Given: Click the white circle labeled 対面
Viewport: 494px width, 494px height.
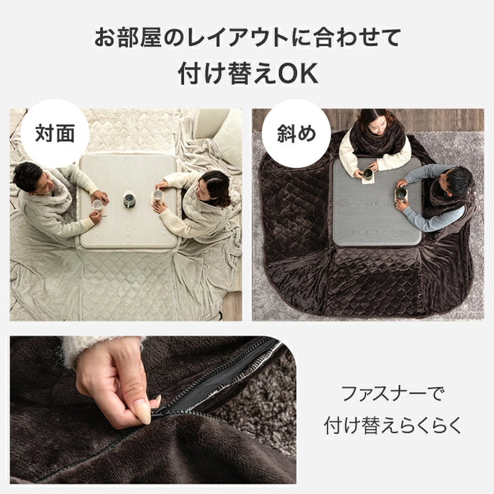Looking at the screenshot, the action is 54,133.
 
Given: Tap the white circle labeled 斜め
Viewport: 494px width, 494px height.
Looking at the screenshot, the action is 296,133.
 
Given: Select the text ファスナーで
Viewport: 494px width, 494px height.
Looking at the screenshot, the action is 392,394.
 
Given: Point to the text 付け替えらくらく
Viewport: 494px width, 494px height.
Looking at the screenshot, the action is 392,426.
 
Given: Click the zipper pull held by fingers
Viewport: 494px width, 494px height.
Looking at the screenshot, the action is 161,409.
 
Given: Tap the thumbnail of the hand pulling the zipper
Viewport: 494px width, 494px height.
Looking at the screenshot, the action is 153,410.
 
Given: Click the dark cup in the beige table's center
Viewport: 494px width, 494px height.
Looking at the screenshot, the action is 129,200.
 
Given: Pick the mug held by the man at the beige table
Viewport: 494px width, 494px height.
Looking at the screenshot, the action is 97,205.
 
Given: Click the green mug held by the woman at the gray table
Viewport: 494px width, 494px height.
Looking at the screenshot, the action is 368,174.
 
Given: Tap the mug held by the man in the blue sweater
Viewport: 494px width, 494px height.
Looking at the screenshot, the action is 400,193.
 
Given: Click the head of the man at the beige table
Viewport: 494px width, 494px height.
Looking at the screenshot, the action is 30,177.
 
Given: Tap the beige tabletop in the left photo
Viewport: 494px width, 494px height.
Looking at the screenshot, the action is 128,202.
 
